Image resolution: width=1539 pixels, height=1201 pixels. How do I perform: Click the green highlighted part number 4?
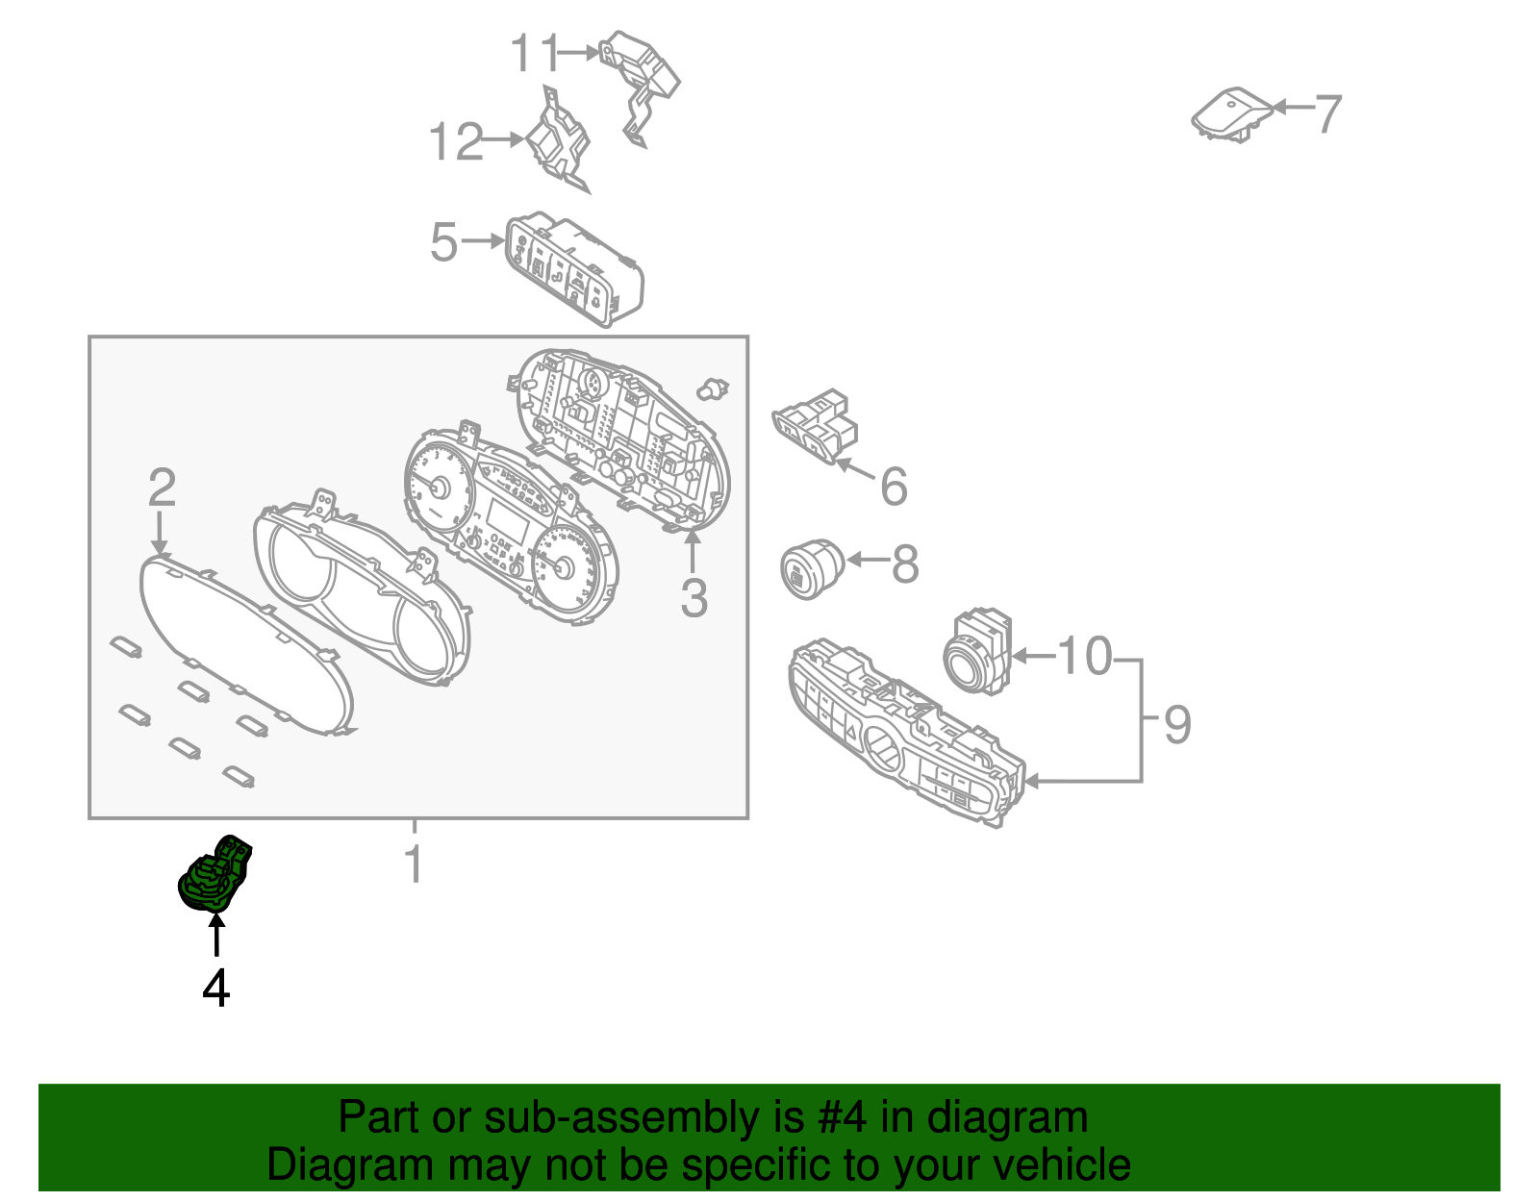(x=214, y=873)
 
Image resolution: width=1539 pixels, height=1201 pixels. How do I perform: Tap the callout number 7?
(x=1327, y=113)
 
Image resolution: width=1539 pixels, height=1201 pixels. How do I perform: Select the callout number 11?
(x=536, y=53)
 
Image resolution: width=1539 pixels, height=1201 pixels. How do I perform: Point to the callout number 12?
(x=456, y=140)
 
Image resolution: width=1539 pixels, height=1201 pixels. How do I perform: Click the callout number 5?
(x=444, y=242)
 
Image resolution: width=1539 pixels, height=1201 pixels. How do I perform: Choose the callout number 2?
(x=163, y=487)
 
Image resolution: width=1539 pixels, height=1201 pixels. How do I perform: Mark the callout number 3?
(x=694, y=597)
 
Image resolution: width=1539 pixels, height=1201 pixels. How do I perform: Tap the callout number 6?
(x=894, y=487)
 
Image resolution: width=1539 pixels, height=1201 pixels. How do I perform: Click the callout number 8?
(x=905, y=564)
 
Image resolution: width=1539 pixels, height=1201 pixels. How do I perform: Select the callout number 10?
(x=1084, y=656)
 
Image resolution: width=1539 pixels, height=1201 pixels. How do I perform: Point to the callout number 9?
(x=1177, y=725)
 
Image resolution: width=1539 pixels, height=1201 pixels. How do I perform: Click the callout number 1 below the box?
(x=415, y=863)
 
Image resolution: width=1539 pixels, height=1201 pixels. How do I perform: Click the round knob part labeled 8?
(x=812, y=568)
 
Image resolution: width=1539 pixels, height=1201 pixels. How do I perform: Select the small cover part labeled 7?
(x=1231, y=114)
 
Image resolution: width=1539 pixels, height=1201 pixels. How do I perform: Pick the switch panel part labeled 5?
(x=574, y=269)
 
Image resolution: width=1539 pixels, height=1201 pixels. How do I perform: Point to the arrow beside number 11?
(x=579, y=52)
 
